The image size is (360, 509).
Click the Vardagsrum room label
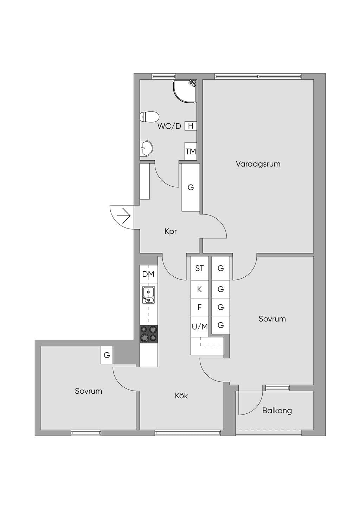click(x=258, y=164)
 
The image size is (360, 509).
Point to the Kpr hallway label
click(x=171, y=232)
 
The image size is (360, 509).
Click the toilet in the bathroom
click(x=149, y=117)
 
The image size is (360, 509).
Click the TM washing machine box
click(x=191, y=152)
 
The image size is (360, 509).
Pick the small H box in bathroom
click(x=191, y=126)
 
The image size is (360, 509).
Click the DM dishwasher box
click(x=149, y=274)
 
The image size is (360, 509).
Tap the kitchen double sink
click(x=148, y=295)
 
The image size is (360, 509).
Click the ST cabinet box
click(x=200, y=268)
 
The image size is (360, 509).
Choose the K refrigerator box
click(x=200, y=289)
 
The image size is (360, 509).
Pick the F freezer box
click(x=200, y=307)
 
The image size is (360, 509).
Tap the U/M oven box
click(x=200, y=327)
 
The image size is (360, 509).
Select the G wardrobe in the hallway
click(x=191, y=187)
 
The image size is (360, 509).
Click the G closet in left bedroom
click(x=107, y=355)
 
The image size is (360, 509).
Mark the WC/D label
click(x=169, y=126)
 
